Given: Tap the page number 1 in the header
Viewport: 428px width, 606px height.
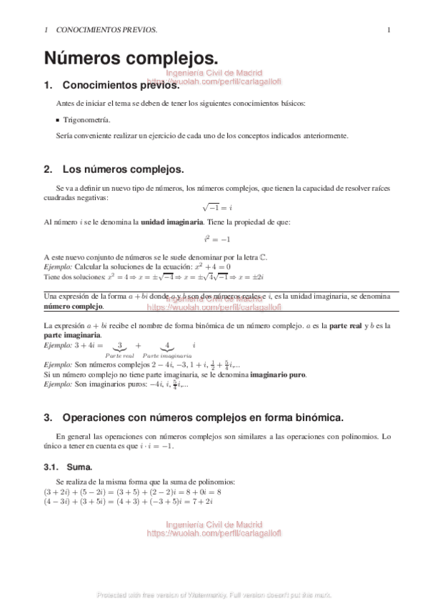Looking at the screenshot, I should click(x=388, y=30).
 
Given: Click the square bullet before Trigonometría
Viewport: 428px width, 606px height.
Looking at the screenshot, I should click(x=57, y=121).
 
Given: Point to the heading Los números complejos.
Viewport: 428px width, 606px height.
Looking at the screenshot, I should click(x=124, y=169).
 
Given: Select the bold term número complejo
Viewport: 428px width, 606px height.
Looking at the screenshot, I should click(x=73, y=307).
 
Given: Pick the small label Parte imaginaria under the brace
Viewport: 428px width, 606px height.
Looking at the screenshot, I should click(x=166, y=355).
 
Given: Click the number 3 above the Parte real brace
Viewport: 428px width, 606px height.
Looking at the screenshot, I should click(x=120, y=344).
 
